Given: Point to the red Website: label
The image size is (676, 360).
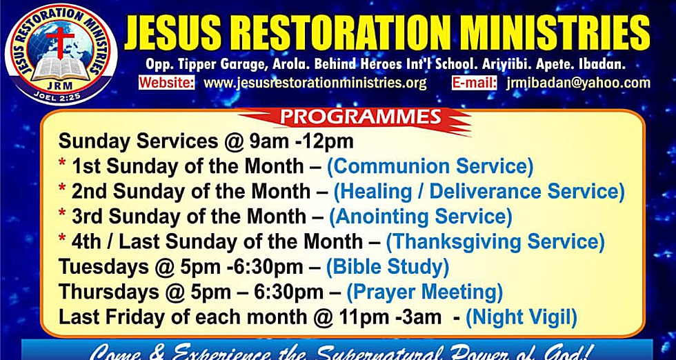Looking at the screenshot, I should click(166, 83).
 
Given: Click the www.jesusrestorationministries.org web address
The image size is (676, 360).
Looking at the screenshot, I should click(315, 83).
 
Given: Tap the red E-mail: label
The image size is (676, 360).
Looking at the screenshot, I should click(474, 83).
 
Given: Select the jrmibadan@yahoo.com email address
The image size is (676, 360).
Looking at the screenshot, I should click(577, 83).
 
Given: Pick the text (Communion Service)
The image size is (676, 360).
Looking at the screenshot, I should click(430, 166).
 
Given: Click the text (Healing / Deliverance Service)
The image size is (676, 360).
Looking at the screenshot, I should click(479, 191).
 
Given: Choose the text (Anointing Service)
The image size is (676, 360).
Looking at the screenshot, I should click(421, 217).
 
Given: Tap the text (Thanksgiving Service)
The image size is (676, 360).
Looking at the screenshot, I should click(495, 242).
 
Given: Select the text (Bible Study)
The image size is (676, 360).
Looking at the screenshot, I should click(387, 267).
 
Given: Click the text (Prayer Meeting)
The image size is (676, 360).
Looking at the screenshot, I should click(424, 292).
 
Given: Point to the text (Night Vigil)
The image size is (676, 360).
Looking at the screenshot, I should click(521, 317).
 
